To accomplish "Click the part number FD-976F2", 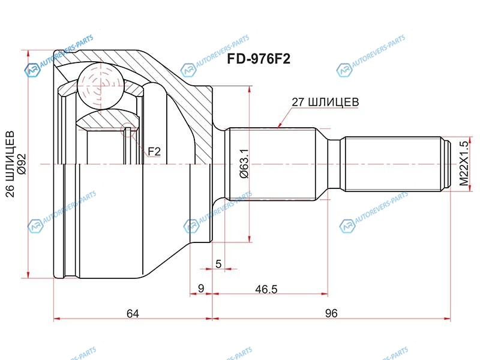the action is pyautogui.click(x=259, y=59).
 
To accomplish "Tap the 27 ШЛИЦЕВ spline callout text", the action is pyautogui.click(x=325, y=101).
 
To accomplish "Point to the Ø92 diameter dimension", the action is pyautogui.click(x=22, y=164).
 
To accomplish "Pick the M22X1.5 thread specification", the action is pyautogui.click(x=464, y=163).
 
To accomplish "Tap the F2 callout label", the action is pyautogui.click(x=154, y=151).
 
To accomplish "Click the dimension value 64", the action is pyautogui.click(x=133, y=313).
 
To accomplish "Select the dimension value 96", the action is pyautogui.click(x=331, y=313).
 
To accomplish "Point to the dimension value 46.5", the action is pyautogui.click(x=266, y=289).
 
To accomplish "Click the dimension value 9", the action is pyautogui.click(x=201, y=289).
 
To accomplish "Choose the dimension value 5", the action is pyautogui.click(x=218, y=263).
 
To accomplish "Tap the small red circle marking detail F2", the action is pyautogui.click(x=127, y=131).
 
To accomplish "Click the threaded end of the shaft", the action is pyautogui.click(x=394, y=164).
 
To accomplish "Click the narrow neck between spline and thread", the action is pyautogui.click(x=334, y=164).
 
